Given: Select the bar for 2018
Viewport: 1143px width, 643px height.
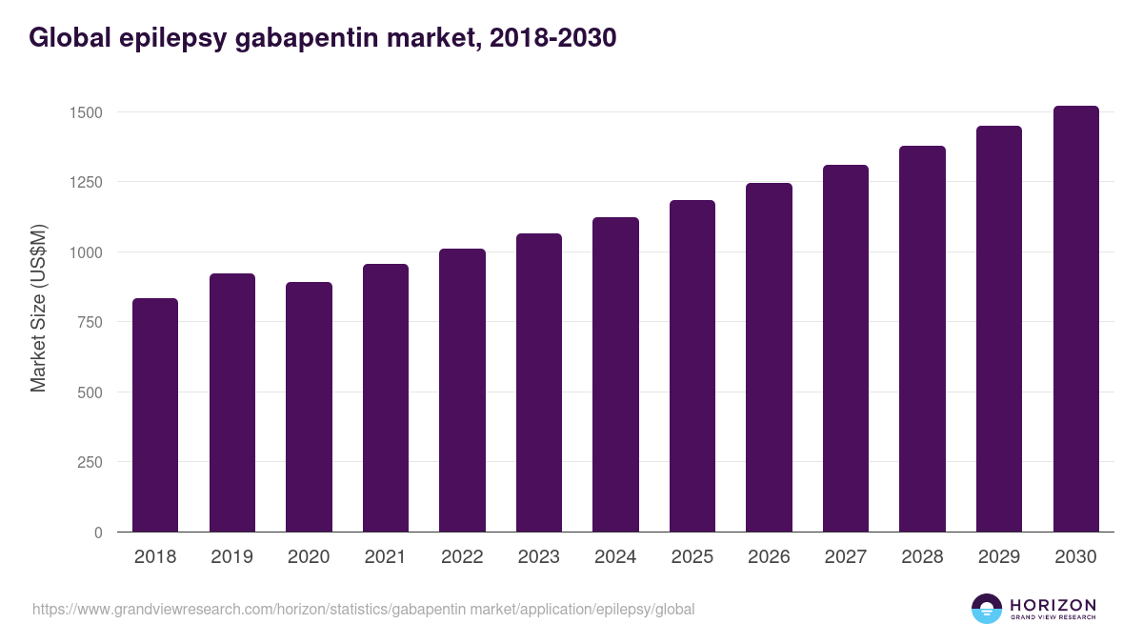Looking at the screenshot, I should [x=155, y=415].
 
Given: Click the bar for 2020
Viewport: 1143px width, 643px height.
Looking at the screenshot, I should [x=309, y=407].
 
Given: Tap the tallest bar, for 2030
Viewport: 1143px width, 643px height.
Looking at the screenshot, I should [x=1075, y=319].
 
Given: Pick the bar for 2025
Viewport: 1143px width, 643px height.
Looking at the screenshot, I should [x=692, y=366].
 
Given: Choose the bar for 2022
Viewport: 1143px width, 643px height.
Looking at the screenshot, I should [x=462, y=391].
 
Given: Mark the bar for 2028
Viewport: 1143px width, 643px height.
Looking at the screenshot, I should [x=922, y=339].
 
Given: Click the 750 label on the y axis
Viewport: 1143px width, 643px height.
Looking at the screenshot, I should [x=89, y=322].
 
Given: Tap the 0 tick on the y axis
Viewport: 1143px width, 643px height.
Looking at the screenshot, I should [x=97, y=532].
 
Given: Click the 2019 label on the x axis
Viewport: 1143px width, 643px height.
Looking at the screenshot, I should [x=231, y=557].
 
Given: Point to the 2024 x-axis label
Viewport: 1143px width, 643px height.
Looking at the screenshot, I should [x=615, y=557].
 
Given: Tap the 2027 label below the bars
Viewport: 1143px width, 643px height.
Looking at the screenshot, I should [x=845, y=557].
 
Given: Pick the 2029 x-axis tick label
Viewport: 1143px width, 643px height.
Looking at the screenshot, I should [x=998, y=557].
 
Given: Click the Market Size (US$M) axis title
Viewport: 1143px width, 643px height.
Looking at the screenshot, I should [x=38, y=309].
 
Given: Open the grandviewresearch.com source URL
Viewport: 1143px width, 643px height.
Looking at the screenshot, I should [x=363, y=609].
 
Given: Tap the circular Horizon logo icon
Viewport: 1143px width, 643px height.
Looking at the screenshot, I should [x=986, y=609].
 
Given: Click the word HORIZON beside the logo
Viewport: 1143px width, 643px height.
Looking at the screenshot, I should [x=1053, y=605].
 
